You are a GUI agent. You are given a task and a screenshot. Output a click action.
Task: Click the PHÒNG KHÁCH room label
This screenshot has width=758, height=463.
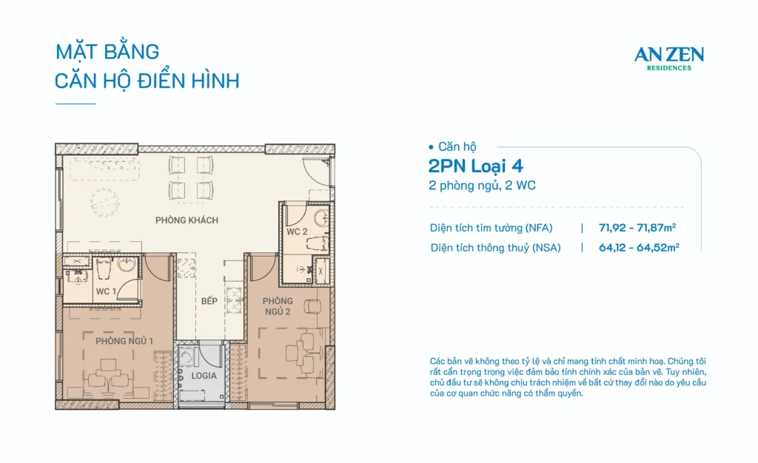pos(187,220)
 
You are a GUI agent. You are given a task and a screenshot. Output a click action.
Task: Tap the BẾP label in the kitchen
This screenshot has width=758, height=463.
pos(209,302)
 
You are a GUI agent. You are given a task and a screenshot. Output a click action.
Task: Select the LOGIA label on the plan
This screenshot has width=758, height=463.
pos(203,376)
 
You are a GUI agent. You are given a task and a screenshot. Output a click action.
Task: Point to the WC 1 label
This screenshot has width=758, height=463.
pos(105,291)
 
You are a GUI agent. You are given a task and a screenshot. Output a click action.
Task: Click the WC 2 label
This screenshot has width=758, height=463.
pos(297,232)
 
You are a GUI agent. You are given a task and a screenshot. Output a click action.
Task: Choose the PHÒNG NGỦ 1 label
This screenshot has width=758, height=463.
pos(124,341)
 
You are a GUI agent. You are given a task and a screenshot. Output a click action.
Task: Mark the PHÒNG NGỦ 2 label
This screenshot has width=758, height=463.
pos(278,306)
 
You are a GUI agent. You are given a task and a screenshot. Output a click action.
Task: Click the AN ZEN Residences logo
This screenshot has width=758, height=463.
pos(668,58)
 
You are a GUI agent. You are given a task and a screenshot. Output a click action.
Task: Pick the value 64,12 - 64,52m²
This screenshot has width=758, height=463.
pos(639,248)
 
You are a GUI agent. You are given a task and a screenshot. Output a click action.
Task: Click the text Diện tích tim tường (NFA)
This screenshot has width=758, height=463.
pos(492,228)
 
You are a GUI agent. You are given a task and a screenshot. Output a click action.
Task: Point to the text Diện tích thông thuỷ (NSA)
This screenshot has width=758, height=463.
pos(496,248)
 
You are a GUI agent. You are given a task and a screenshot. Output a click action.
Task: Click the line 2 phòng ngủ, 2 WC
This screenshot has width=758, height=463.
pos(481,186)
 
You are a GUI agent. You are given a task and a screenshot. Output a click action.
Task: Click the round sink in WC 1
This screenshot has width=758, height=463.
pos(125,266)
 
